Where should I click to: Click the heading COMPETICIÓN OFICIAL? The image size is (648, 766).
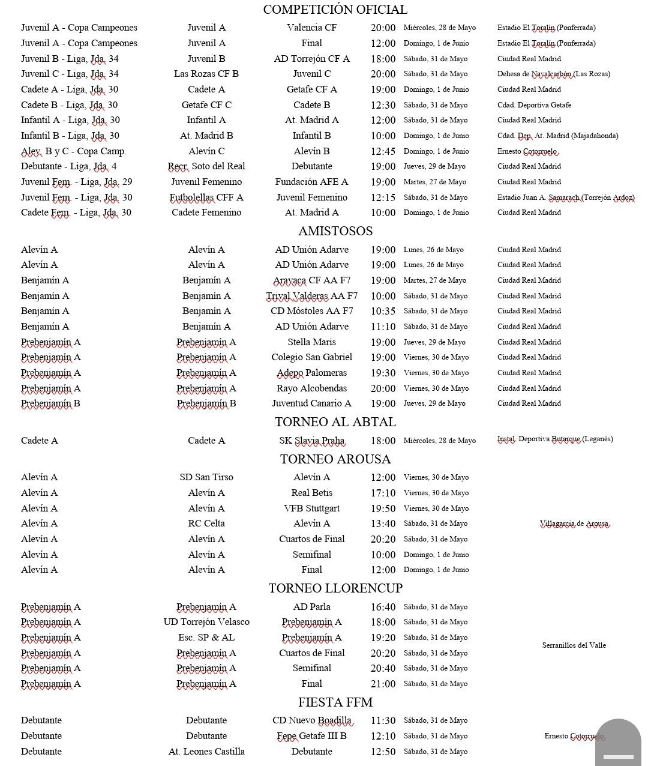coord(335,10)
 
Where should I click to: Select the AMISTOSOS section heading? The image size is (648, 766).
coord(335,231)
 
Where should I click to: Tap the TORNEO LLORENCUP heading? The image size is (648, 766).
coord(335,588)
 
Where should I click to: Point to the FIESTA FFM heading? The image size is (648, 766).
coord(335,702)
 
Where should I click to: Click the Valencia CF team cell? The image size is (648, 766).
coord(311,28)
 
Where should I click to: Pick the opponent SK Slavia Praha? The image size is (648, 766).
coord(311,441)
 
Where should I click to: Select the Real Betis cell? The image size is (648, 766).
coord(311,493)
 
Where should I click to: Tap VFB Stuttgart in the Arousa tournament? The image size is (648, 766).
coord(311,508)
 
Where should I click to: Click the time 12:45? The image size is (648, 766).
coord(383,151)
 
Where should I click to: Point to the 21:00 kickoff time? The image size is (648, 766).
coord(383,684)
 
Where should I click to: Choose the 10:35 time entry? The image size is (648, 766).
coord(383,311)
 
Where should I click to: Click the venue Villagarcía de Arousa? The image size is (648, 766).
coord(574,524)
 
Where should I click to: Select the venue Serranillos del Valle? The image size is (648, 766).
coord(574,645)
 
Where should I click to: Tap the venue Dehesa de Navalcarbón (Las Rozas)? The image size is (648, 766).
coord(553,74)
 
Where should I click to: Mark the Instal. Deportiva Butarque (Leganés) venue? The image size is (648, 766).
coord(554,439)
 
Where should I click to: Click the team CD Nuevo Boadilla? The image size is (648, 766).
coord(311,720)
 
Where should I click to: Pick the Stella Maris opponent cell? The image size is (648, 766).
coord(311,342)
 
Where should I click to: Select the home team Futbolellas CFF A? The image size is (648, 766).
coord(206,198)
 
